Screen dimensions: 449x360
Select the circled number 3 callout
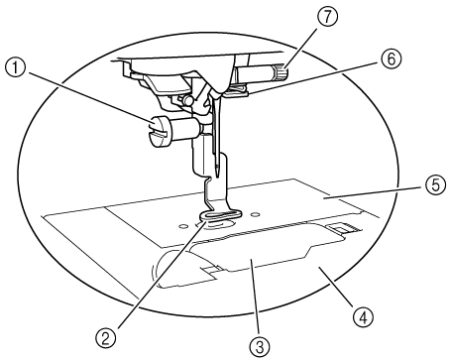coord(260,347)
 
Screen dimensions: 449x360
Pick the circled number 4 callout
coord(363,317)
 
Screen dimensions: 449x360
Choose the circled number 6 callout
coord(392,60)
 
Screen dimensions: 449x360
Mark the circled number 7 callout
coord(327,17)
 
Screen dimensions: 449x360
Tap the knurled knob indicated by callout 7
coord(280,72)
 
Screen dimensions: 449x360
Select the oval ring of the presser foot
coord(220,215)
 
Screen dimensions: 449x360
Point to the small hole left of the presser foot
coord(180,226)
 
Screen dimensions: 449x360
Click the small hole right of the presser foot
coord(254,214)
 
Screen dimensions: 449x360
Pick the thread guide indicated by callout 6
coord(236,91)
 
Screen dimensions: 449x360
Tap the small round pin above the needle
coord(188,99)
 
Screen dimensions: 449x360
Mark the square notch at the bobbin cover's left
coord(209,269)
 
